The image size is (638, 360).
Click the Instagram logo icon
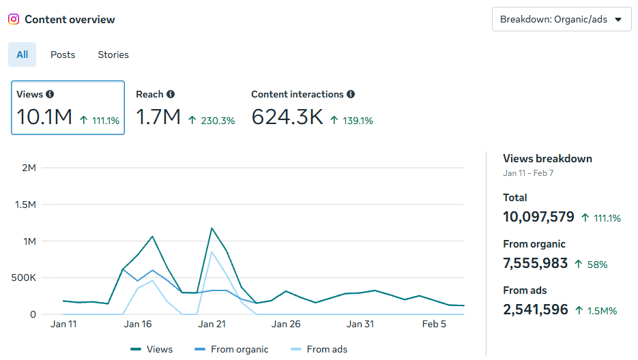tap(14, 19)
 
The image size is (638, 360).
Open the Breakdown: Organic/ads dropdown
tap(561, 19)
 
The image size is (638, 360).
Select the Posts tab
tap(63, 55)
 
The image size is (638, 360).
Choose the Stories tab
tap(113, 55)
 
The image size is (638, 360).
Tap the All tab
tap(23, 55)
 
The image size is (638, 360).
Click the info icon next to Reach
tap(171, 95)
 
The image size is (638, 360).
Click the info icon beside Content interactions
tap(351, 95)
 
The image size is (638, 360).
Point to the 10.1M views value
tap(44, 117)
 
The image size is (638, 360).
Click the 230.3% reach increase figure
tap(217, 121)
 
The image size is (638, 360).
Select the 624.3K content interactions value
tap(287, 117)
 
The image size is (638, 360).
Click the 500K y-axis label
tap(24, 278)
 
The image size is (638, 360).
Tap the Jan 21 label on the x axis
tap(212, 324)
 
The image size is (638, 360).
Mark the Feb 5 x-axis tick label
tap(434, 324)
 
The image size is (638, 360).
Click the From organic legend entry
tap(239, 349)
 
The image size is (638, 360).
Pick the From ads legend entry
tap(326, 349)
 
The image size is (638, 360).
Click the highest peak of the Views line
tap(212, 228)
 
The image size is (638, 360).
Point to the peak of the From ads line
tap(212, 252)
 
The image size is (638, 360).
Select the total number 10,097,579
tap(538, 217)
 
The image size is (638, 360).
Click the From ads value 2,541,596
tap(536, 310)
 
